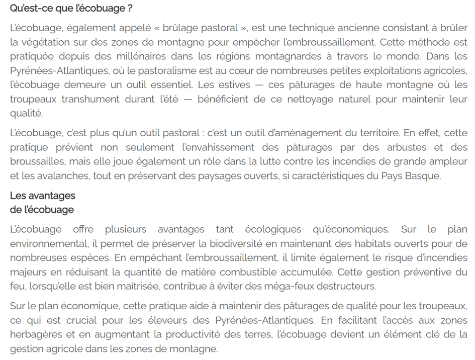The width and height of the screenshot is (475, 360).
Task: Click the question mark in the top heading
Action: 130,9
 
